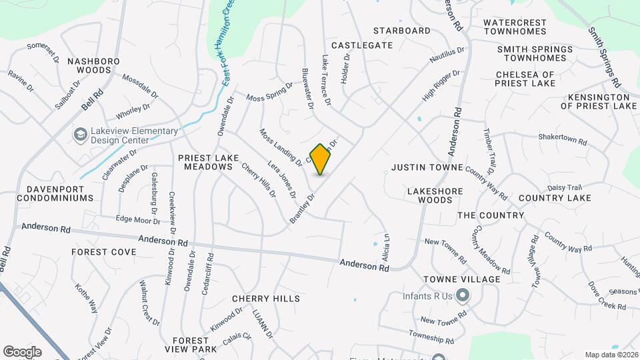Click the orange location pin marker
pos(321,159)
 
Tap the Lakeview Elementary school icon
pos(81,135)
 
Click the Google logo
pos(22,351)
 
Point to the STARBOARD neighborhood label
pos(401,31)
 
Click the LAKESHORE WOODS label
pos(435,195)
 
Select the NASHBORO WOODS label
pos(93,65)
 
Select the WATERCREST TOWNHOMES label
pos(515,27)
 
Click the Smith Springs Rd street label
pos(605,57)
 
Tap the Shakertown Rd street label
pos(563,141)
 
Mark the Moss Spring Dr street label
pos(269,93)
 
